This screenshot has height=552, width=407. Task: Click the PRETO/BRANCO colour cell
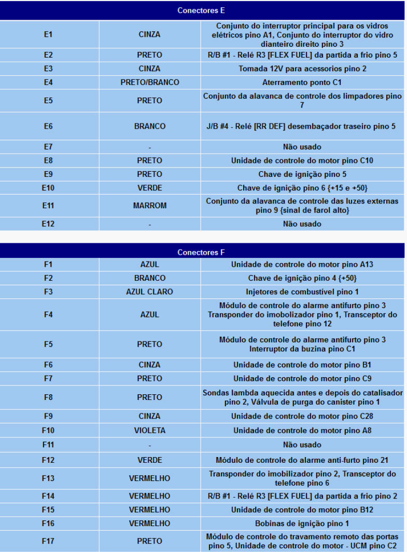coord(150,82)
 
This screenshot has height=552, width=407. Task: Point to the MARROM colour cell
coord(150,205)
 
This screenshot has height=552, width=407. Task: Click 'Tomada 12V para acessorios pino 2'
coord(302,68)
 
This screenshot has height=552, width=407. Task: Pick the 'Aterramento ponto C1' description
coord(302,82)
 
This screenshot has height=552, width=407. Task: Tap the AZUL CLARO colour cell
coord(150,292)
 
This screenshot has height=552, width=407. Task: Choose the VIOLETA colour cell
coord(150,430)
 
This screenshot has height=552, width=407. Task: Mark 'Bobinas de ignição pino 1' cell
coord(302,523)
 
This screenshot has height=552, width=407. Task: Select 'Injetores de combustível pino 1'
coord(302,292)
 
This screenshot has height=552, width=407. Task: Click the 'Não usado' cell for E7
coord(302,147)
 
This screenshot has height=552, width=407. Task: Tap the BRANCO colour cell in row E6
coord(150,126)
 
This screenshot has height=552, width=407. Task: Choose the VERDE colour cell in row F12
coord(150,460)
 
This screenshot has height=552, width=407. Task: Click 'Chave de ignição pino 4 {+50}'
coord(302,278)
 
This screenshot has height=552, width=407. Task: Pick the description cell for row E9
coord(302,174)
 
